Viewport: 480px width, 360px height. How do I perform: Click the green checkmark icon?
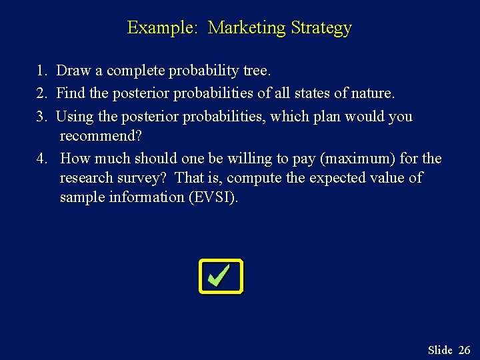point(221,276)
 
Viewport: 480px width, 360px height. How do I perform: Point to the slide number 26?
point(464,350)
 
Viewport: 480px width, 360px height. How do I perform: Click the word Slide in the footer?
point(440,350)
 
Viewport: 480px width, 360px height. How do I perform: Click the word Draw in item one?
point(71,71)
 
